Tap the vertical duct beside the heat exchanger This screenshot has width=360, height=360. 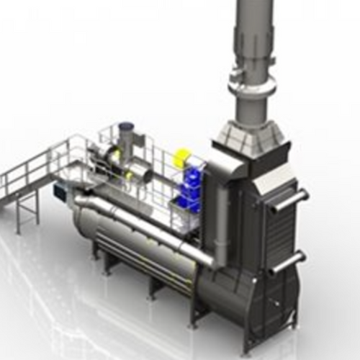[220, 220]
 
